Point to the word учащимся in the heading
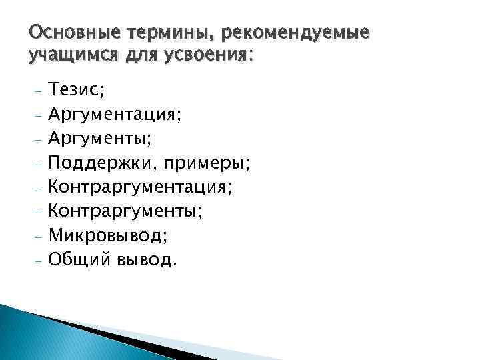[x=67, y=56]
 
